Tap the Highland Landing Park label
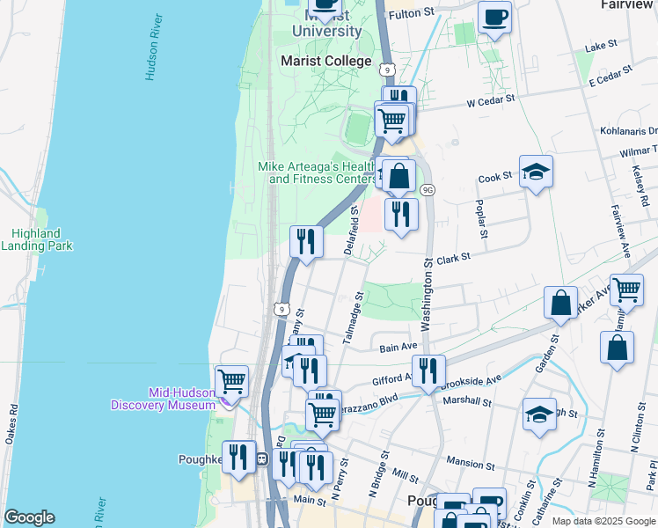[36, 240]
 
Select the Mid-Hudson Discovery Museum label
[163, 399]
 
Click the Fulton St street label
[412, 13]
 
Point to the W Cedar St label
[489, 102]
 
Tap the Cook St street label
[495, 177]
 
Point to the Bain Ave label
[397, 348]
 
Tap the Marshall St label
[466, 401]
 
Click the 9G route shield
[428, 189]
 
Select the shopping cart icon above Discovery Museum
[232, 381]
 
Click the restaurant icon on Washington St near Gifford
[428, 370]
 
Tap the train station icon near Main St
[261, 458]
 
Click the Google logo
[30, 517]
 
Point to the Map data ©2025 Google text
[603, 521]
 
